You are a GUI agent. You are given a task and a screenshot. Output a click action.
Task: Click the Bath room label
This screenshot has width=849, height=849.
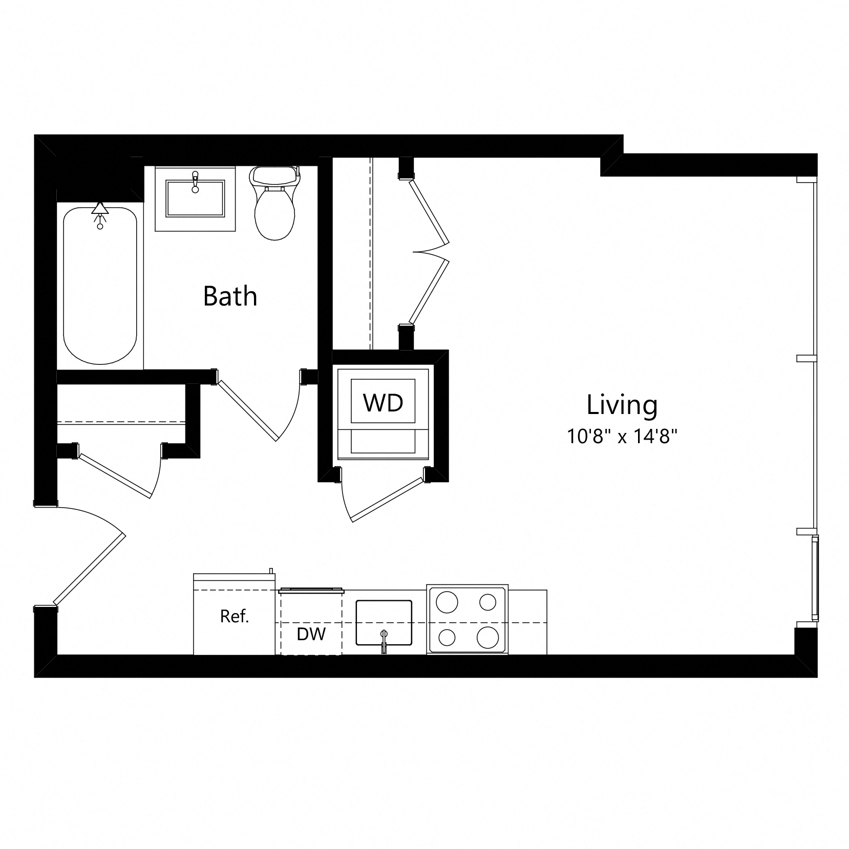pos(230,296)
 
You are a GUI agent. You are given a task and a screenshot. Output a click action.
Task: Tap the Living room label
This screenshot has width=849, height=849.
pos(622,405)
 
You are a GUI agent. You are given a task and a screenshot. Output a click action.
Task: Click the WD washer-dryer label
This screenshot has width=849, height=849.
pos(383,403)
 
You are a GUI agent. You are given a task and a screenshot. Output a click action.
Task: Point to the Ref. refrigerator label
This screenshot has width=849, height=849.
pos(235,617)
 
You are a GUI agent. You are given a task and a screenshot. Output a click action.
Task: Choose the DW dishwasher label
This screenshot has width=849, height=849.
pos(311,635)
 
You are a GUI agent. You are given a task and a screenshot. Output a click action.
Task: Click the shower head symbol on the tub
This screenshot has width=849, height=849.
pos(100,210)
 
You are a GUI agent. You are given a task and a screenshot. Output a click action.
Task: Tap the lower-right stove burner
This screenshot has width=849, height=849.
pos(487,637)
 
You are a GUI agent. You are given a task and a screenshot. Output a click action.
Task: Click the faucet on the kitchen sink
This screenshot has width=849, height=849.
pos(384,642)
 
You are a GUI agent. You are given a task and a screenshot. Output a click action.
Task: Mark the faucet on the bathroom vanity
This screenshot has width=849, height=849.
pos(195,182)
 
